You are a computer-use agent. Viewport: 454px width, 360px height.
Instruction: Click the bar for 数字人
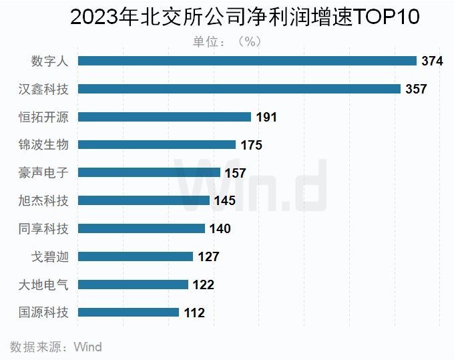[247, 61]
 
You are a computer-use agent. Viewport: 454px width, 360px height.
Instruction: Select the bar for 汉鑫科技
[239, 89]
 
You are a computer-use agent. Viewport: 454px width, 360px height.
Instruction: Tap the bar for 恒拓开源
[164, 117]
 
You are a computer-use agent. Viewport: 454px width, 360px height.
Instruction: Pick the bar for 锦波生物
[157, 144]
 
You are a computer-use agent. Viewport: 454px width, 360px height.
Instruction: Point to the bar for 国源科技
[128, 312]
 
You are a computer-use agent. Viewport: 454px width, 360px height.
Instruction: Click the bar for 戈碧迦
[136, 256]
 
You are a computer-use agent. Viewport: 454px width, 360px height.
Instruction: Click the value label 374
[432, 61]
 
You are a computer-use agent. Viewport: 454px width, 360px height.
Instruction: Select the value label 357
[416, 89]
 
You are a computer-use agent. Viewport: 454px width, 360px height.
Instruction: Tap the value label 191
[266, 118]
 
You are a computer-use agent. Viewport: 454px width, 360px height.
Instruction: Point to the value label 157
[235, 173]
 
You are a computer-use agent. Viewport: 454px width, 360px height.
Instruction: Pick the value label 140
[220, 229]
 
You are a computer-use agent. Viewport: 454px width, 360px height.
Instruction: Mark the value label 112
[194, 313]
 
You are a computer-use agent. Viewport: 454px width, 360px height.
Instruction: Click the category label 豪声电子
[48, 172]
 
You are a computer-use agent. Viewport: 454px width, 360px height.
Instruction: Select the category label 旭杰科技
[48, 200]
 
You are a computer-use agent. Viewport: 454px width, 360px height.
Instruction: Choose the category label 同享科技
[48, 228]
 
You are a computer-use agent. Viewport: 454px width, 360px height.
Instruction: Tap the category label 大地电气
[48, 285]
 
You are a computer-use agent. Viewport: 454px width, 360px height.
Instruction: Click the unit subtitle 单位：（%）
[227, 41]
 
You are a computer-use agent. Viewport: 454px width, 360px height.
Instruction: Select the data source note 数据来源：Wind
[55, 347]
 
